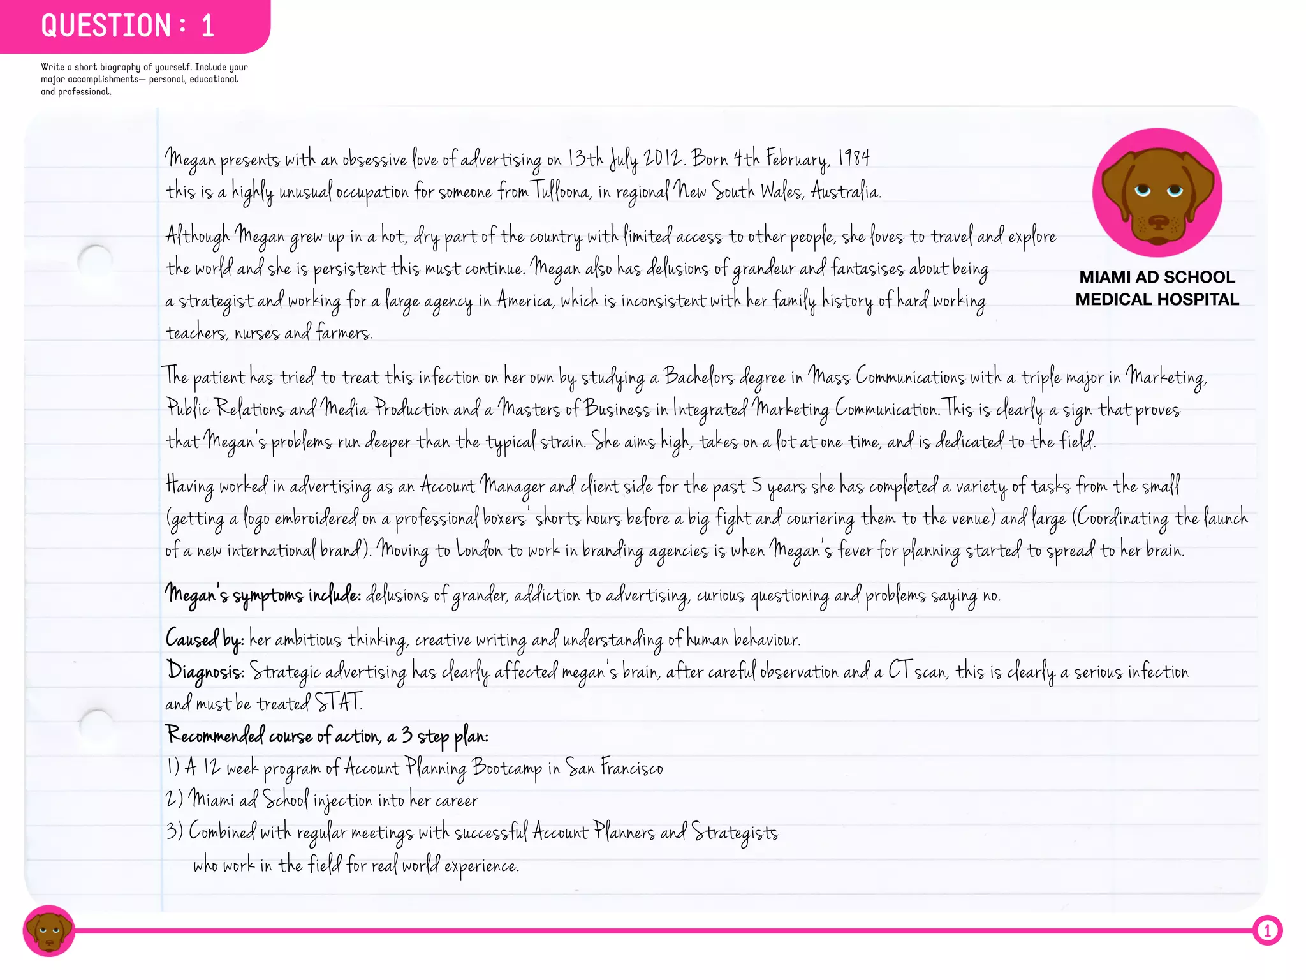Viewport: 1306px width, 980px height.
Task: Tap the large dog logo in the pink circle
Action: pyautogui.click(x=1157, y=193)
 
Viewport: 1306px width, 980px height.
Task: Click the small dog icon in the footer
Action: pyautogui.click(x=48, y=930)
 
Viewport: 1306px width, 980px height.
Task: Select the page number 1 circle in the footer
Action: pyautogui.click(x=1267, y=931)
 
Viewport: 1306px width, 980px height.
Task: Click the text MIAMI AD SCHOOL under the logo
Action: pyautogui.click(x=1157, y=277)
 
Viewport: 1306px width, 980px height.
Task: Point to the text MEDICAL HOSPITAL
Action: pyautogui.click(x=1157, y=299)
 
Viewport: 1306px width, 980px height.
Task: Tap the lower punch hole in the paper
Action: pyautogui.click(x=97, y=725)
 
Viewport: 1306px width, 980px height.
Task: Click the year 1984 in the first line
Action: pyautogui.click(x=854, y=158)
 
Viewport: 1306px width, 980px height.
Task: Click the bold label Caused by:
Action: pyautogui.click(x=204, y=639)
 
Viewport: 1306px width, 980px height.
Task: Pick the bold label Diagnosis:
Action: pyautogui.click(x=205, y=671)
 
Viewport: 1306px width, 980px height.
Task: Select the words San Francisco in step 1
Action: pyautogui.click(x=614, y=768)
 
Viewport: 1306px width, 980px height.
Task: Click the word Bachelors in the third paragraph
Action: pyautogui.click(x=699, y=376)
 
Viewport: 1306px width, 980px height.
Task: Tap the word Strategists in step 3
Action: pyautogui.click(x=735, y=833)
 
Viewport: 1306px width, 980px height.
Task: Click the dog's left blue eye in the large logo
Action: pyautogui.click(x=1142, y=190)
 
